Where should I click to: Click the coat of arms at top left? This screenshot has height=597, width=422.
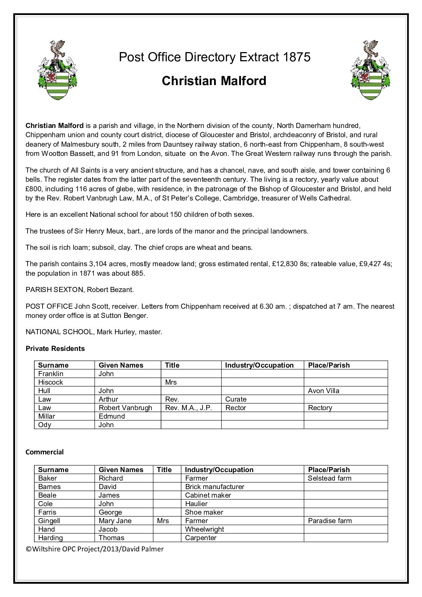[57, 70]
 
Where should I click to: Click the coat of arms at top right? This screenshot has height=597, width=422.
[371, 70]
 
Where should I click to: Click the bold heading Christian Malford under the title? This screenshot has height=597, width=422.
[214, 81]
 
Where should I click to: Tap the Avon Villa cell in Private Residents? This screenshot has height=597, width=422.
[323, 391]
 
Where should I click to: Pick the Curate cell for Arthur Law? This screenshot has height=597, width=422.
[236, 399]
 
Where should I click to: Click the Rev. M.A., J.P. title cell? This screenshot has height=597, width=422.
[188, 408]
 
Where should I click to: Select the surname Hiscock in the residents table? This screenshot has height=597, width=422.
[50, 382]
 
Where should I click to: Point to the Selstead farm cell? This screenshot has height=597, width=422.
[329, 478]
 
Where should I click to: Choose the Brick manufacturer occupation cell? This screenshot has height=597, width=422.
[214, 487]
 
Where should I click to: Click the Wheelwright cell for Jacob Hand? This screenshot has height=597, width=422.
[204, 529]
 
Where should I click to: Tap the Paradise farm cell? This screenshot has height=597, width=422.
[330, 521]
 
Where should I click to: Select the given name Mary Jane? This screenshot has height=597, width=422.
[115, 521]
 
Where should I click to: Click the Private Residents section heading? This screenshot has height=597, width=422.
[55, 349]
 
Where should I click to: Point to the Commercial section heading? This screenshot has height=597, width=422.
[45, 452]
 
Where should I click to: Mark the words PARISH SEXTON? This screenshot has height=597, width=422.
[54, 290]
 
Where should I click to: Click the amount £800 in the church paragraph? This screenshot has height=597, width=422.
[33, 189]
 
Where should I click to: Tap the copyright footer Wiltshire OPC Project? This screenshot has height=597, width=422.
[95, 549]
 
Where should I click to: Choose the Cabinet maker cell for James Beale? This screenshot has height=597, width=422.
[208, 495]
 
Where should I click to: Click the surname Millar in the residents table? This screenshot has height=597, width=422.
[46, 416]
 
